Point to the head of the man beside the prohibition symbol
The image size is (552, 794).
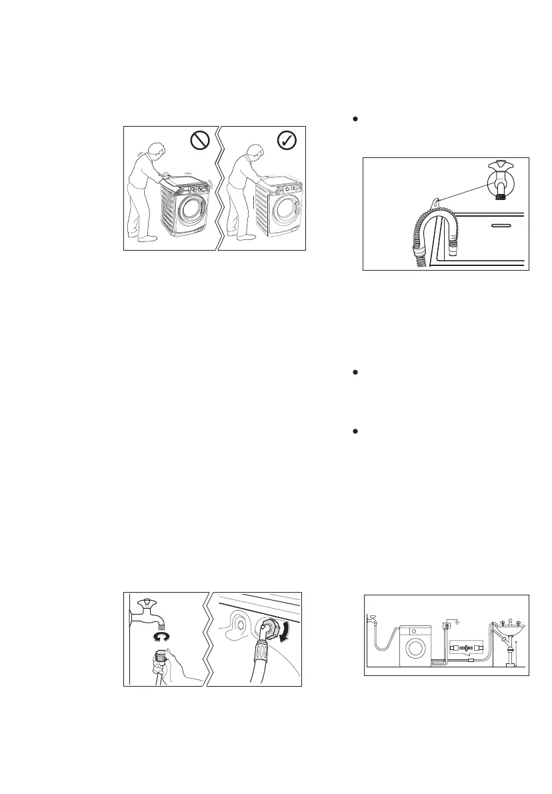(154, 151)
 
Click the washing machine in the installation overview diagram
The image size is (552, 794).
(415, 646)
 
